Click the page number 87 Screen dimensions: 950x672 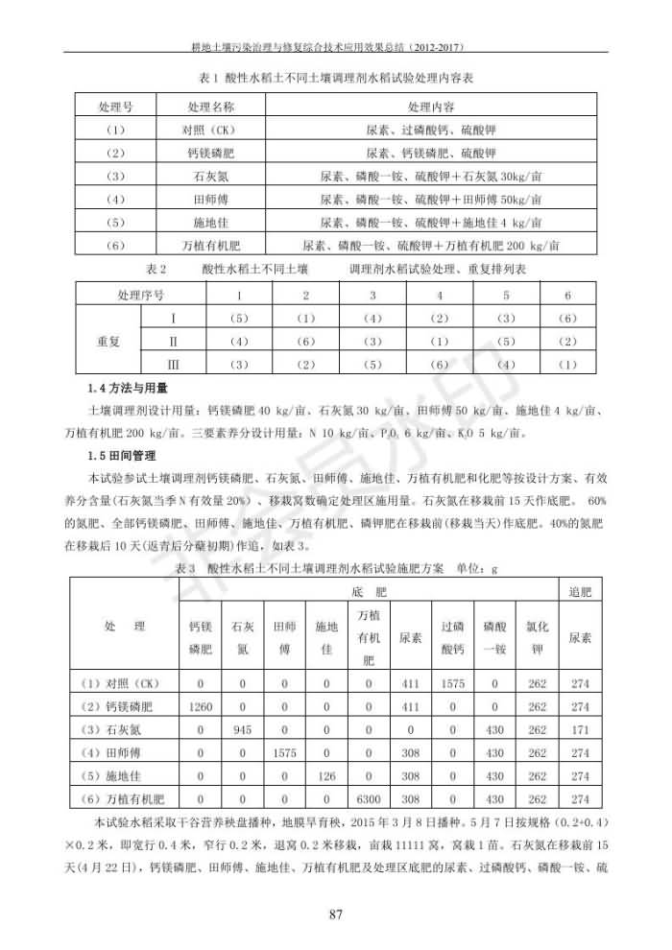(336, 913)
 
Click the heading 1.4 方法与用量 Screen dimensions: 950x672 (127, 389)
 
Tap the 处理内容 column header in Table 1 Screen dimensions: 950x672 (431, 105)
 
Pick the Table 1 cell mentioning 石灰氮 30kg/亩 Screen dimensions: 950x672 (431, 176)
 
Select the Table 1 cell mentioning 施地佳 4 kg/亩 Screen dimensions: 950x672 (431, 223)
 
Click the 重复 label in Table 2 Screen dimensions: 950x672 (108, 341)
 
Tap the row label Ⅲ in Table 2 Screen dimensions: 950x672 (174, 364)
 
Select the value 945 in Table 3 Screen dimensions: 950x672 (243, 729)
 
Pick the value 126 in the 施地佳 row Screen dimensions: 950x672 (325, 775)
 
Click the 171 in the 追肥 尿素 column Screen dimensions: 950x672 (580, 729)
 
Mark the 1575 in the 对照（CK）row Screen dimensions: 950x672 (453, 683)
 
